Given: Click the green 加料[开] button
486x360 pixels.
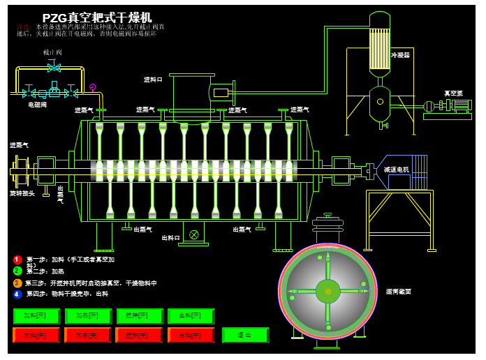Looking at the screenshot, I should [x=36, y=316].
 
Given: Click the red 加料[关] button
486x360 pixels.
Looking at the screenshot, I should [x=36, y=336].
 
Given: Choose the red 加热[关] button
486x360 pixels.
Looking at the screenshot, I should [x=87, y=336].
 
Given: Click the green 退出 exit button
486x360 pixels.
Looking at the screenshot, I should [x=245, y=336].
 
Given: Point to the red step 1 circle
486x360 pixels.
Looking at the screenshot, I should [x=17, y=260].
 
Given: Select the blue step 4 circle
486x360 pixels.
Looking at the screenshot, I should [x=17, y=294].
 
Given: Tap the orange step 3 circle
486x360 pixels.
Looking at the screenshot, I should [x=17, y=283].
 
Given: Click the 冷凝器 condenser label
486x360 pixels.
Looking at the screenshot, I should [x=400, y=54].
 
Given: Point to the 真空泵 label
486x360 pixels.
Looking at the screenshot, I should [x=454, y=93].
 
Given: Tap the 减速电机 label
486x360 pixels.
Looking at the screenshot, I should [x=396, y=170].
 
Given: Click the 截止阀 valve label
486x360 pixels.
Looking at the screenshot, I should [x=52, y=52].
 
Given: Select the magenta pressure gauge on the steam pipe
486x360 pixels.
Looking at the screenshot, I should [x=93, y=87].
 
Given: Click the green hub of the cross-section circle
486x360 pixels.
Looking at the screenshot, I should [x=327, y=291].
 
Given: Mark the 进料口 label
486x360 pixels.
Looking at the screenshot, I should [x=154, y=80].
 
